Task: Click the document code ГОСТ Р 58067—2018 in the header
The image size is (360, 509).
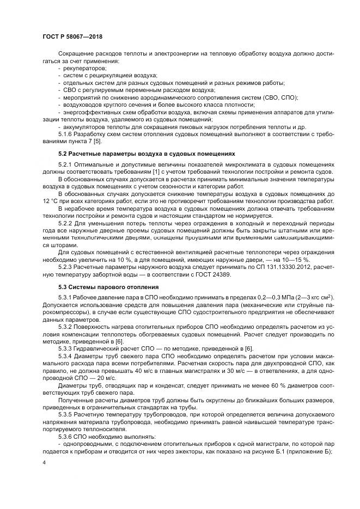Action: (72, 36)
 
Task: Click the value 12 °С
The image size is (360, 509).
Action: (53, 201)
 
